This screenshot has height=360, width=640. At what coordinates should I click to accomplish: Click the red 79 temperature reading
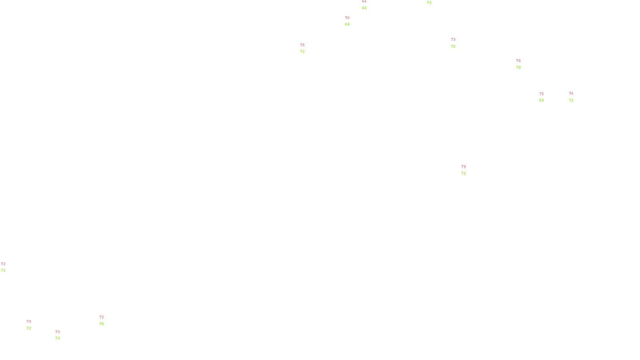click(464, 167)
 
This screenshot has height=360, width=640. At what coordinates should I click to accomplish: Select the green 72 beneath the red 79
click(464, 174)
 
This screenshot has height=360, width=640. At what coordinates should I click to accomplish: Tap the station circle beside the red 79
click(467, 170)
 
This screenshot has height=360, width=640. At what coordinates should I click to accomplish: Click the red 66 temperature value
click(364, 2)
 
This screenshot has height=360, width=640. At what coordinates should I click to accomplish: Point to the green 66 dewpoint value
click(364, 8)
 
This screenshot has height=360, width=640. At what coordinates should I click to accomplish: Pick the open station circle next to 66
click(368, 5)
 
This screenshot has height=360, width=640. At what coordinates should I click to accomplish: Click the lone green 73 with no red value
click(429, 3)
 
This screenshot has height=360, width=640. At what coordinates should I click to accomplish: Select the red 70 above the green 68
click(347, 18)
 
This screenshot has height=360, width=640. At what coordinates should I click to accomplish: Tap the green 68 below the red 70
click(347, 24)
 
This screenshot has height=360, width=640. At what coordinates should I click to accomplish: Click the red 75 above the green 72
click(302, 45)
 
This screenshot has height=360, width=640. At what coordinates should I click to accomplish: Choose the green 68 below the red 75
click(542, 100)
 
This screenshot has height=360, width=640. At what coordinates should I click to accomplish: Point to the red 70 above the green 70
click(518, 61)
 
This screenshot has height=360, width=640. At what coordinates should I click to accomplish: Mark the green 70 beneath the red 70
click(518, 68)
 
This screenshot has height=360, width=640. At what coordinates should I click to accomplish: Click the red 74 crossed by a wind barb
click(571, 94)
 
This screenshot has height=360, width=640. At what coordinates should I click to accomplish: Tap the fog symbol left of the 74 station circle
click(571, 97)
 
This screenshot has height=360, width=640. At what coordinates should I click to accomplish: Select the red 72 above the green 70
click(102, 317)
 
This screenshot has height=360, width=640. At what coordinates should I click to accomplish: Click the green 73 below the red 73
click(58, 338)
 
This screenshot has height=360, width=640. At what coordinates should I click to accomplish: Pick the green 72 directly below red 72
click(3, 270)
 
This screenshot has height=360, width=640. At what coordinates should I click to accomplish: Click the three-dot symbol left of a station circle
click(29, 325)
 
